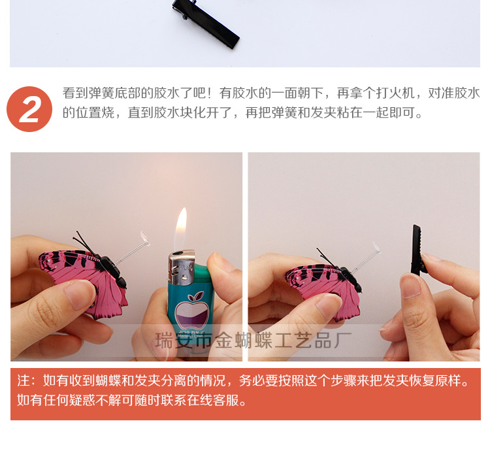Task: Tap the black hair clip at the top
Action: point(205,23)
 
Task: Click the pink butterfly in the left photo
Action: point(85,278)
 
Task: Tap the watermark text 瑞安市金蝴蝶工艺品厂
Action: point(254,341)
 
